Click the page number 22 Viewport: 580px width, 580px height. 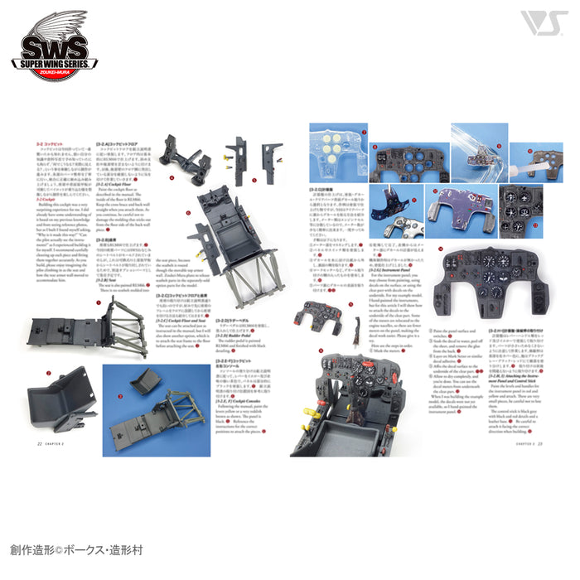point(39,442)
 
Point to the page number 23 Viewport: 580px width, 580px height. point(539,442)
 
